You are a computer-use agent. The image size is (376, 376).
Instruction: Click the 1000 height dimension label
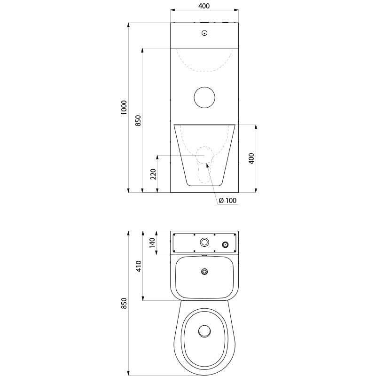pos(124,108)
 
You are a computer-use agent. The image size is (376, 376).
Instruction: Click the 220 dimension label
pos(153,174)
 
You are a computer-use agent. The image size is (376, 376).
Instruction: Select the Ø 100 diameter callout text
pos(228,201)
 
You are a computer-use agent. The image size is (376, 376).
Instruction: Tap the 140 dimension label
pos(152,243)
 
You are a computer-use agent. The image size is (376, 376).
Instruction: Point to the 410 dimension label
pos(139,266)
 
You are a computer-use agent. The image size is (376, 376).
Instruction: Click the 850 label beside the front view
pos(138,121)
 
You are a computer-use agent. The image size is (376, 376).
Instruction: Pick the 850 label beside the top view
pos(124,303)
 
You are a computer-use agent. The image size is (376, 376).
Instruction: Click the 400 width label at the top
pos(204,6)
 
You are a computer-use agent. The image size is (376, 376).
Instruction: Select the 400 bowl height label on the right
pos(251,158)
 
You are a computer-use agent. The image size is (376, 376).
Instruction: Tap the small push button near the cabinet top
pos(204,33)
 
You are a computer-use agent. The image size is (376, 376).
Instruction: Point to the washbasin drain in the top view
pos(204,272)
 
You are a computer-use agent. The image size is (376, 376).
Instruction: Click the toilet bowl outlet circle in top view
pos(204,331)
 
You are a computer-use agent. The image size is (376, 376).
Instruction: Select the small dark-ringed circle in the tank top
pos(225,244)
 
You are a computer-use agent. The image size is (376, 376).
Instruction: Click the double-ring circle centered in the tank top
pos(204,243)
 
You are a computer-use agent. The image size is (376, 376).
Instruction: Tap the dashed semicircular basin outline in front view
pos(204,71)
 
